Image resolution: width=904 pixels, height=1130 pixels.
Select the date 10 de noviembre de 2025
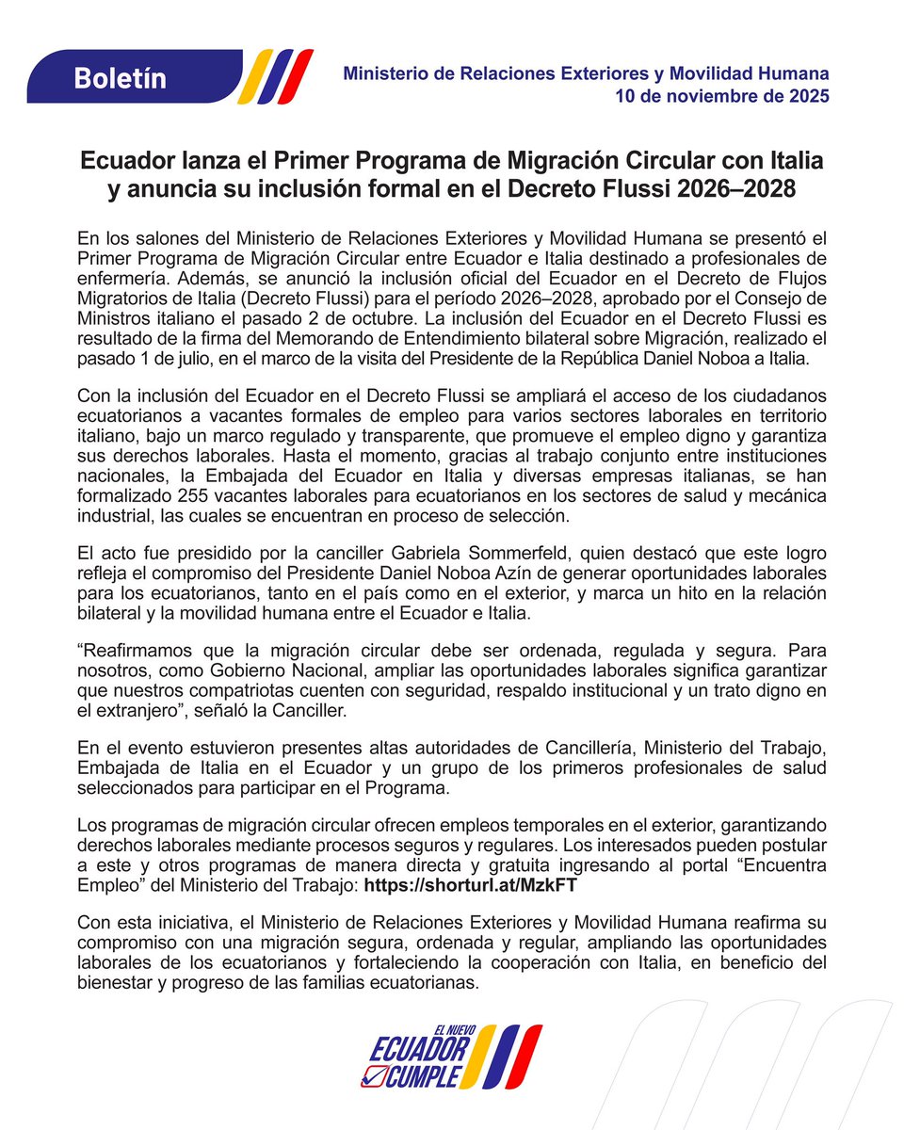pos(722,95)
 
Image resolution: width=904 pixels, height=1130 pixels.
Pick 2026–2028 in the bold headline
pos(736,189)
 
